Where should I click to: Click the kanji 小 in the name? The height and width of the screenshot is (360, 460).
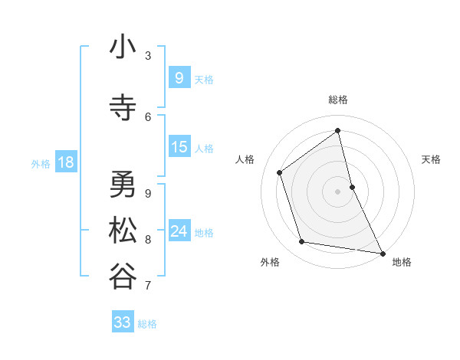click(123, 48)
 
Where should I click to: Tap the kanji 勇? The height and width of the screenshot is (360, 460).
click(123, 185)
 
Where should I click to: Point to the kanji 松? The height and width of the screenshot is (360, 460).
click(123, 231)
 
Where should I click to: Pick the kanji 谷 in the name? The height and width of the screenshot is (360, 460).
click(123, 277)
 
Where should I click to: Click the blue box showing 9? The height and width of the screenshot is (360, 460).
click(179, 78)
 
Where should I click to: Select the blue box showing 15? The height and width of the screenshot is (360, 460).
click(179, 147)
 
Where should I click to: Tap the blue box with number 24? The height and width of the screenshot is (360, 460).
click(179, 231)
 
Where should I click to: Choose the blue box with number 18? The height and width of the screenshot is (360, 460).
click(65, 162)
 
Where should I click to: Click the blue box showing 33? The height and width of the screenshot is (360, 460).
click(122, 322)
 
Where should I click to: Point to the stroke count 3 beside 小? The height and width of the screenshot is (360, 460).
click(148, 56)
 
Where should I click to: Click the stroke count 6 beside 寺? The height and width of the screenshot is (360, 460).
click(148, 116)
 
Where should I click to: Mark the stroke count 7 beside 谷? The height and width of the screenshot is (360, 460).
click(148, 286)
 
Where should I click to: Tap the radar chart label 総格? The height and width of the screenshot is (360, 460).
click(338, 100)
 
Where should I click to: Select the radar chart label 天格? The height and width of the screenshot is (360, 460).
click(432, 159)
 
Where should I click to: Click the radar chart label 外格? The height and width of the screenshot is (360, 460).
click(270, 262)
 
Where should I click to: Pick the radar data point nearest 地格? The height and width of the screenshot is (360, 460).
click(382, 252)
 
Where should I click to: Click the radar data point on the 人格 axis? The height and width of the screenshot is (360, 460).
click(280, 172)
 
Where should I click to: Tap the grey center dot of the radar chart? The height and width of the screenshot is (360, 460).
click(338, 191)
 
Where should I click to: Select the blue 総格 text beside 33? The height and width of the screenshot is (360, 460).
click(147, 324)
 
